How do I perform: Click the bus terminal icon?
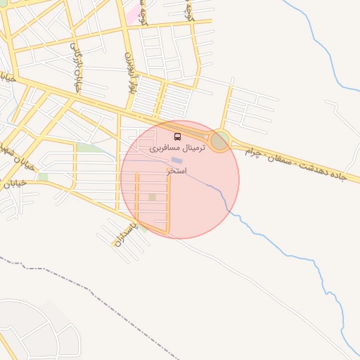coord(176,136)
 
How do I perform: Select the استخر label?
coord(176,171)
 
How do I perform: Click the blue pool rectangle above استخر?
coord(175,162)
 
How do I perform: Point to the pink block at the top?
coord(131,12)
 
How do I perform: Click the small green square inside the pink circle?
coord(152,197)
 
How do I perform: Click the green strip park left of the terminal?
coord(89,148)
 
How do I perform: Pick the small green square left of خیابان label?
coord(43,176)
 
